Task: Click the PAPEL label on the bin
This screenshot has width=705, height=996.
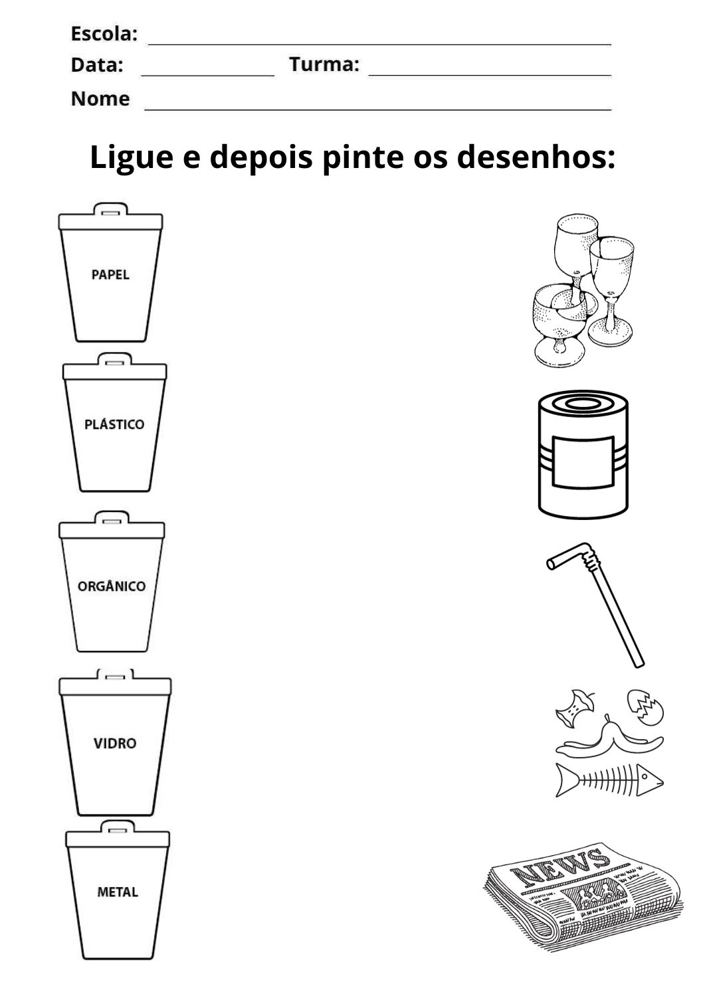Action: [110, 274]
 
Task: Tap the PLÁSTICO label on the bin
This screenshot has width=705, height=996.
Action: [114, 424]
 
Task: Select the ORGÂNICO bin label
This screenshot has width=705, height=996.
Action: [112, 586]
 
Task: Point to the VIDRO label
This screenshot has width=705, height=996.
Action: [115, 743]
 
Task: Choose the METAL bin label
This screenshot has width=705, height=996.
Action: [118, 892]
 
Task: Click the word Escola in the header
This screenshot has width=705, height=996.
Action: [104, 33]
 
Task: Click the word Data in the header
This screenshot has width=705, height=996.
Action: [97, 65]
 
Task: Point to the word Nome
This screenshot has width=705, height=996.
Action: [100, 99]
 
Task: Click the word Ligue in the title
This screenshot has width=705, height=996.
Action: [132, 157]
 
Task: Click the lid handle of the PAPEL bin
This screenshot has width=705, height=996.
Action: [111, 209]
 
